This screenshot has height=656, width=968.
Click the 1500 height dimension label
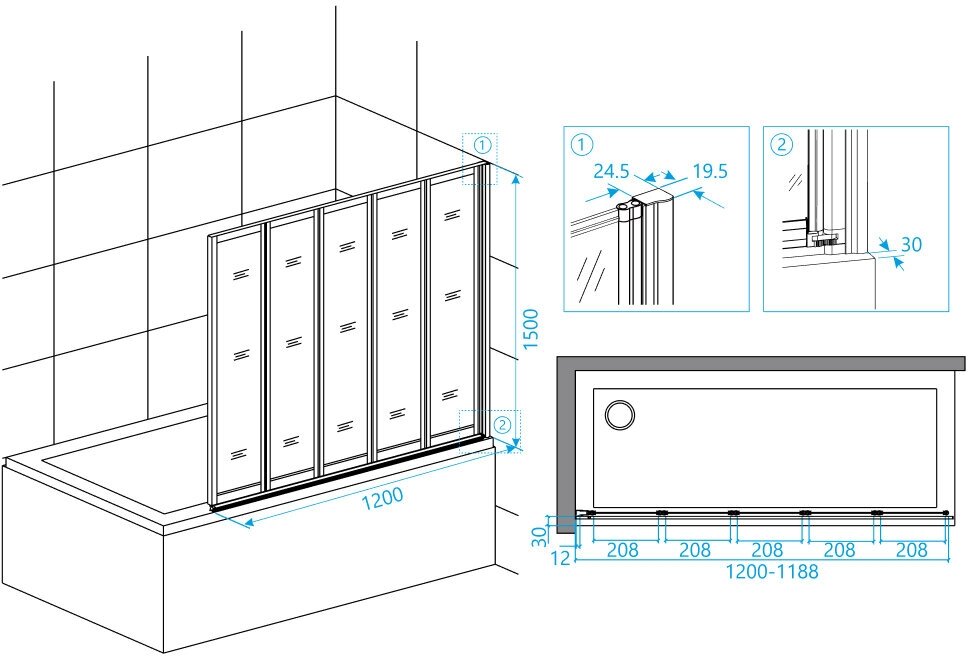point(531,329)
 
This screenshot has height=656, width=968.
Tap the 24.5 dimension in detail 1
point(610,171)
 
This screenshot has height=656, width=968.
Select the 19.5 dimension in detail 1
point(708,171)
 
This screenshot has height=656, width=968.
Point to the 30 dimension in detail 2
point(910,244)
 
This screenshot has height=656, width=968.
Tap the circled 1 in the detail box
point(581,144)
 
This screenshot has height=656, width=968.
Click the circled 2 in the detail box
point(781,144)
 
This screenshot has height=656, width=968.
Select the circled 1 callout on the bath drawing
point(482,145)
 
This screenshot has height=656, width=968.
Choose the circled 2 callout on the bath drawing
point(502,425)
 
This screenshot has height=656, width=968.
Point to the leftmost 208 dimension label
point(623,550)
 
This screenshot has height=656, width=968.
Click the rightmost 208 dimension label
point(911,550)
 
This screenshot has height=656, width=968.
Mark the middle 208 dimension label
point(767,550)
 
